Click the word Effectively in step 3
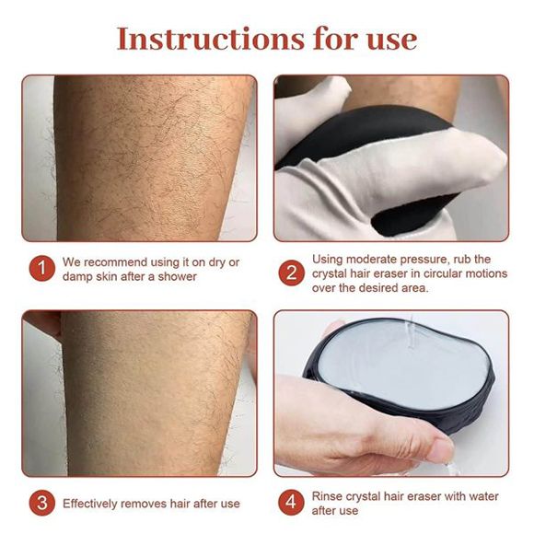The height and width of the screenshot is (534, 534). pos(92,505)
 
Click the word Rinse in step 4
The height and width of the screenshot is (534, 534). pos(328,496)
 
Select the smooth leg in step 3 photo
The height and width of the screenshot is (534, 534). pos(138,387)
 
